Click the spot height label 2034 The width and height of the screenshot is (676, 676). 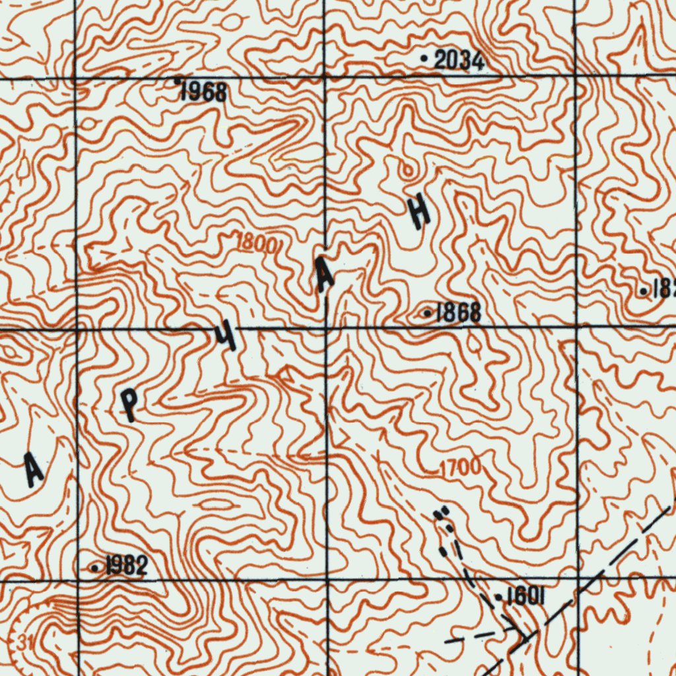459,61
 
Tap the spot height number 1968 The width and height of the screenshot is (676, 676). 204,92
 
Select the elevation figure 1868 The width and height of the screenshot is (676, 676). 458,313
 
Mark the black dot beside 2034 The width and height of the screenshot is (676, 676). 424,59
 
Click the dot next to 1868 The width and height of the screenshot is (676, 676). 427,313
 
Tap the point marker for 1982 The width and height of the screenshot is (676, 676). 96,568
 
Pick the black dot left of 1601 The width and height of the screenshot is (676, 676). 498,598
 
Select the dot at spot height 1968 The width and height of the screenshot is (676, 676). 177,81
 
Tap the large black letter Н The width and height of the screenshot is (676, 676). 419,211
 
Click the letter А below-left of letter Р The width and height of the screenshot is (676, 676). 33,469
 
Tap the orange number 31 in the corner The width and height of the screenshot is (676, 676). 24,640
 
